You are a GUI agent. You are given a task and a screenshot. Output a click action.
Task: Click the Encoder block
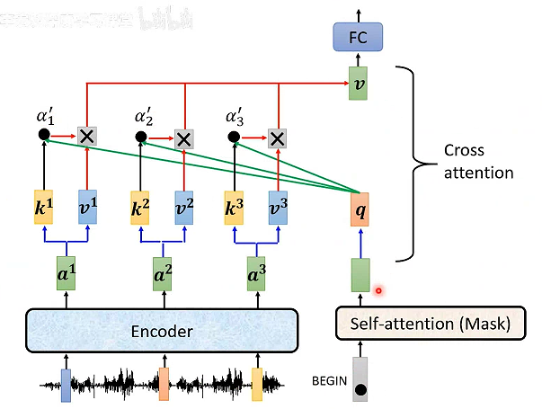[162, 332]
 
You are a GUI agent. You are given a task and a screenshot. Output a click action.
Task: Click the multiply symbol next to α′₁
[87, 137]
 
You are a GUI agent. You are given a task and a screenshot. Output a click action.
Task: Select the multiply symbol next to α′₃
[277, 138]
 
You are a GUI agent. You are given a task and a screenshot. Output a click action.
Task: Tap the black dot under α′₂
[140, 138]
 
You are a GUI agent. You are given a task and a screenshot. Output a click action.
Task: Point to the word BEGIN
[329, 380]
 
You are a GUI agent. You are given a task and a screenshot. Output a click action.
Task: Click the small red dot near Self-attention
[379, 290]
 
